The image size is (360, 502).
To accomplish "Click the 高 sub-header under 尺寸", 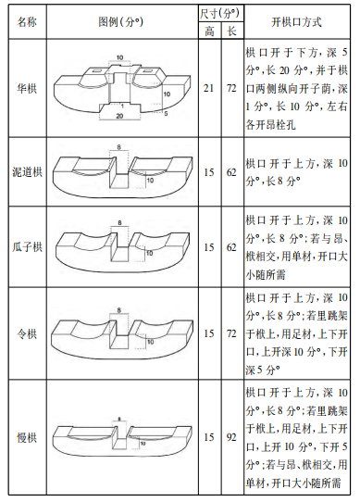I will [210, 31].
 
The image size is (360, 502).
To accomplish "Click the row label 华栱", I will [26, 89].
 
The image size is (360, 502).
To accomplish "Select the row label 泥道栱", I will [26, 172].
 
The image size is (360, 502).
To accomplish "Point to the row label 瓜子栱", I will [26, 248].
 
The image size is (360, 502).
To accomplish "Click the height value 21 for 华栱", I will [210, 89].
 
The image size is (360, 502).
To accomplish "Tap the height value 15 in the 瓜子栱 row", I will [210, 248].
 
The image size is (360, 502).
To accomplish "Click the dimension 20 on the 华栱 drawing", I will [119, 118].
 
